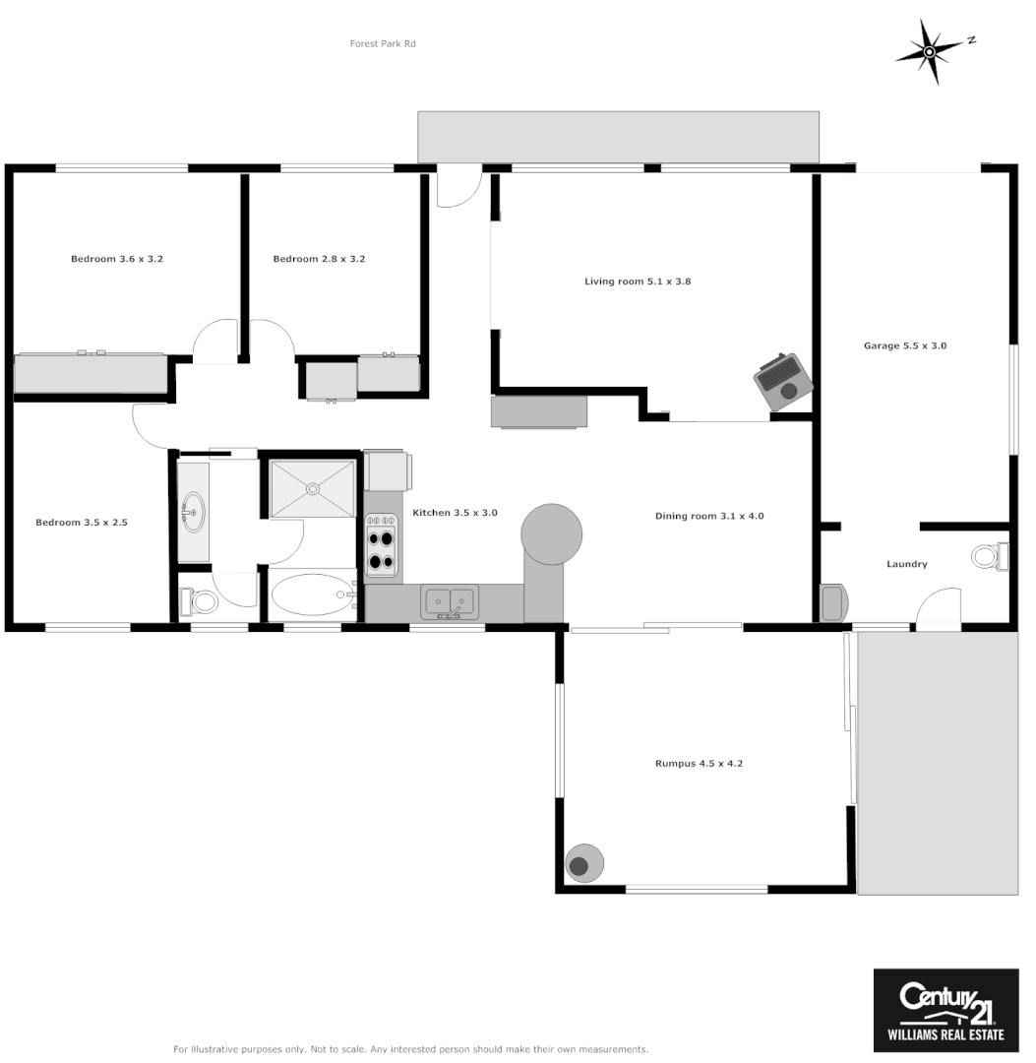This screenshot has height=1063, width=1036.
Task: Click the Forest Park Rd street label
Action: coord(383,43)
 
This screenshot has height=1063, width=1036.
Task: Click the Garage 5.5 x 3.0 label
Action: coord(905,345)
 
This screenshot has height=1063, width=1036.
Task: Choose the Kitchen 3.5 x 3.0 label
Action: coord(455,513)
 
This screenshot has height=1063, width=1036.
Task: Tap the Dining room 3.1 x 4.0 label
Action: coord(709,516)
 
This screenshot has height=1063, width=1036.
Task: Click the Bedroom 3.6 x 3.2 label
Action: coord(116,259)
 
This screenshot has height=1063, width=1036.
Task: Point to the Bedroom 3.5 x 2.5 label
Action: coord(82,523)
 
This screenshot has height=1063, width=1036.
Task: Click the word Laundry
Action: coord(906,564)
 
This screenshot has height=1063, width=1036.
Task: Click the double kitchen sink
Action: coord(450,599)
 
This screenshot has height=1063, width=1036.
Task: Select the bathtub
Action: coord(313,594)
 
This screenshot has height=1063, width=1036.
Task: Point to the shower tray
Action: coord(313,487)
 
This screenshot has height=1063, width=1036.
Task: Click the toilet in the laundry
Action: coord(988,556)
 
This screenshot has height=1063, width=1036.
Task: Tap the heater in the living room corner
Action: coord(783,380)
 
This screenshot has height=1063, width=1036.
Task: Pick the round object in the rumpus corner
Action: coord(583,864)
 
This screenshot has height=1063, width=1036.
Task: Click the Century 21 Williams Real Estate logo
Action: coord(945,1009)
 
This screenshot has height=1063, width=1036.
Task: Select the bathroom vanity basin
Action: coord(193,513)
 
